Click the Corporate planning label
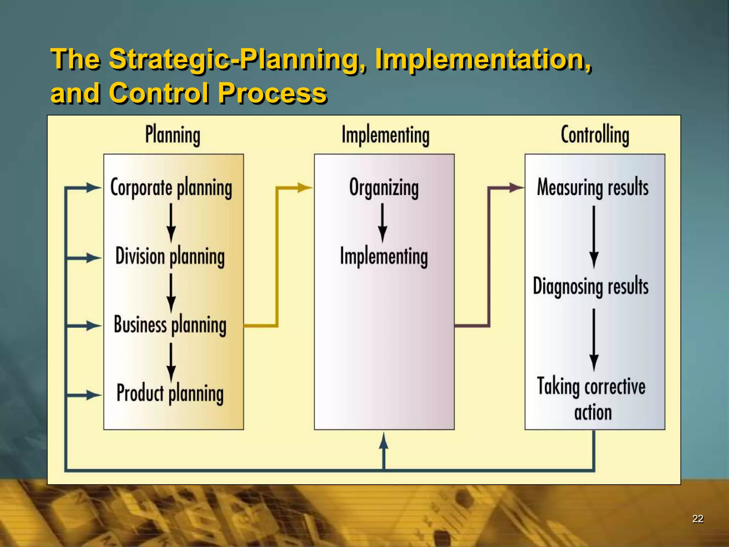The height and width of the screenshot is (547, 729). [x=171, y=188]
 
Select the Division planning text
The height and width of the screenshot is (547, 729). [x=170, y=256]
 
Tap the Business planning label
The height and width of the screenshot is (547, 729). [x=170, y=325]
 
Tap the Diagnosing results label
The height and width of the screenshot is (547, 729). [x=591, y=286]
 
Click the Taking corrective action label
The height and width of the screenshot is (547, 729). [x=592, y=399]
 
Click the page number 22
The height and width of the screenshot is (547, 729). [x=698, y=519]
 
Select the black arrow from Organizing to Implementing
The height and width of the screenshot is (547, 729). [x=383, y=223]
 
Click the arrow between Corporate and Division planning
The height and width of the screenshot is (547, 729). [x=171, y=223]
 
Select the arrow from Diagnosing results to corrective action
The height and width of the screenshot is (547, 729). [x=593, y=340]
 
